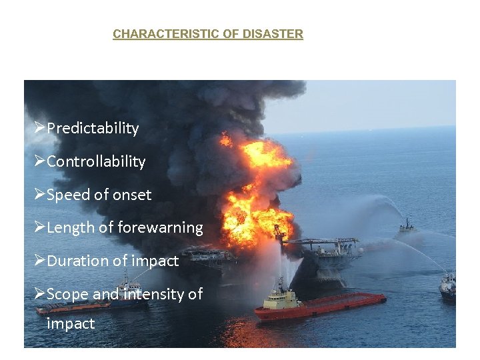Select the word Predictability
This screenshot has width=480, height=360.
point(93,129)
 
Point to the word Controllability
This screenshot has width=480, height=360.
point(96,162)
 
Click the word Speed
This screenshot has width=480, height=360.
point(68,195)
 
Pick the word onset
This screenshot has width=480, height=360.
point(131,195)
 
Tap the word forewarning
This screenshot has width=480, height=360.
point(160,228)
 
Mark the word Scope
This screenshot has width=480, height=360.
point(67,294)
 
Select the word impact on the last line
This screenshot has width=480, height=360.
point(71,325)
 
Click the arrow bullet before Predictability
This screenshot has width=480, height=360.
point(40,128)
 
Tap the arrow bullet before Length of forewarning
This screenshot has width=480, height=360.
point(40,227)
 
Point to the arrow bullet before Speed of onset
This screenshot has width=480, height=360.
point(40,195)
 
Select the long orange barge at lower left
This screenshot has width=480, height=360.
point(73,307)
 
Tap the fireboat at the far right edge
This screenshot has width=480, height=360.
point(448,287)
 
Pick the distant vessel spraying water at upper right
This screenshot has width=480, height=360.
point(405,227)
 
